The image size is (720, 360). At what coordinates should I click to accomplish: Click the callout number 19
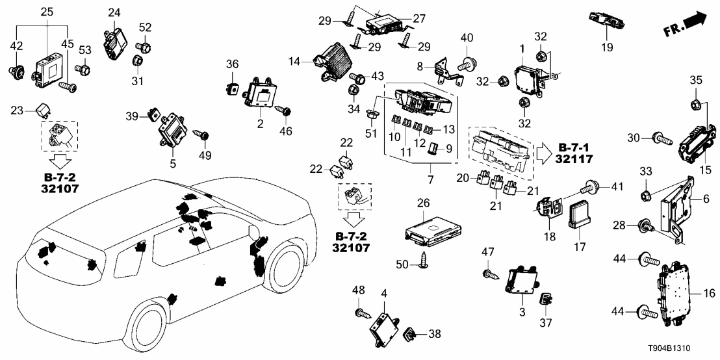[x=607, y=47]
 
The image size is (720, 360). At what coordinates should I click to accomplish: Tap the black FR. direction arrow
[x=695, y=22]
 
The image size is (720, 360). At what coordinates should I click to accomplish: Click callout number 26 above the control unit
[x=424, y=203]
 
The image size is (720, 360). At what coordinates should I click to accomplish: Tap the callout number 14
[x=295, y=60]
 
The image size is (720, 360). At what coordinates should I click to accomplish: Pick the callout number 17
[x=580, y=247]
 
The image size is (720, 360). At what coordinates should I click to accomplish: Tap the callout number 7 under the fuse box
[x=430, y=179]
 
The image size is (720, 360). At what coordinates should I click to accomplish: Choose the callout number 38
[x=434, y=334]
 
